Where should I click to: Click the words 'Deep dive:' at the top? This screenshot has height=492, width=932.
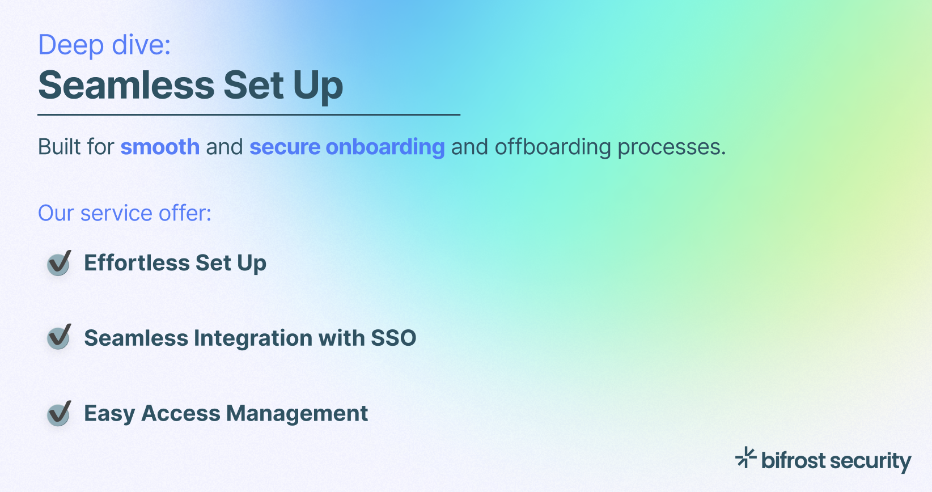click(104, 45)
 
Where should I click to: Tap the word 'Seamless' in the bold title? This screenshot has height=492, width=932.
click(126, 86)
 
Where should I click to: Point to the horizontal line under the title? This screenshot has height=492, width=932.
click(249, 114)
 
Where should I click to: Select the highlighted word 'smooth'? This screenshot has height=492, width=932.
click(160, 147)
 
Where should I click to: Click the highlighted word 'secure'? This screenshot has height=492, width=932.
click(285, 147)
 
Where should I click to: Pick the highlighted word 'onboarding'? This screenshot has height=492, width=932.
click(385, 147)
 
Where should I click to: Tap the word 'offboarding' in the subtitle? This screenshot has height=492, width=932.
click(553, 147)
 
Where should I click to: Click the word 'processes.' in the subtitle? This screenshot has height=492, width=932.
click(671, 147)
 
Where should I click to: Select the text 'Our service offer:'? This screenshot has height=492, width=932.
click(125, 213)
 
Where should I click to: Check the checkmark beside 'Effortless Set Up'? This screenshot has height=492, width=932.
click(59, 263)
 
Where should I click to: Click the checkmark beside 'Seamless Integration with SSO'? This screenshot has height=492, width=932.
click(59, 337)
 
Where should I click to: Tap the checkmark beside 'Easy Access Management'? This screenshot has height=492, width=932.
click(59, 413)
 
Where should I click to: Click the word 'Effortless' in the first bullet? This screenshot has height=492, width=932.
click(137, 263)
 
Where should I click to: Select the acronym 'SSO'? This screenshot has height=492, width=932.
click(393, 338)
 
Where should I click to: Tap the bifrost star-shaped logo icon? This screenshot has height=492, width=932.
click(745, 457)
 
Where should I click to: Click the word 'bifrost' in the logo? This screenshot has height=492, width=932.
click(793, 460)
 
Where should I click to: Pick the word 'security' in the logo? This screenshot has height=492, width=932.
click(870, 461)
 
